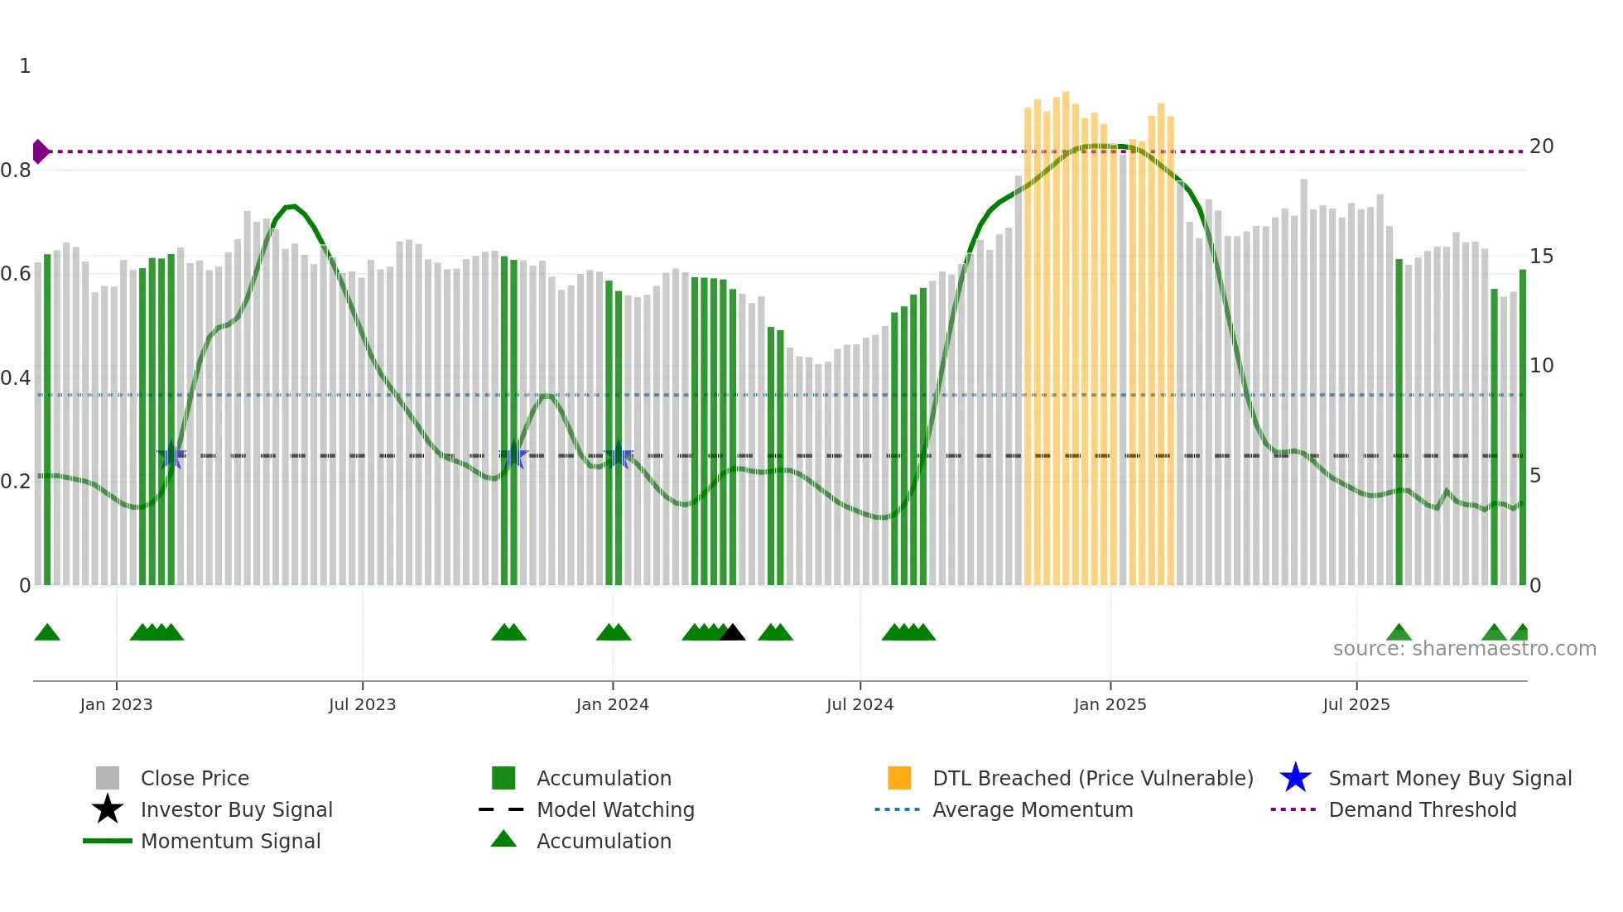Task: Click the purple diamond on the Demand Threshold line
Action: pyautogui.click(x=40, y=151)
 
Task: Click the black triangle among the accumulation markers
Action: pyautogui.click(x=732, y=633)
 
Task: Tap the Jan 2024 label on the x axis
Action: pyautogui.click(x=612, y=704)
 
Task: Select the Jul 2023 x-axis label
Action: pyautogui.click(x=362, y=704)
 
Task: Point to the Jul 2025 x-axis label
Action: pyautogui.click(x=1356, y=704)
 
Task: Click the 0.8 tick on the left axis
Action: pyautogui.click(x=16, y=170)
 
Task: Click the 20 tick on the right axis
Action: pyautogui.click(x=1541, y=146)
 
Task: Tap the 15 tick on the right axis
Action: pyautogui.click(x=1541, y=257)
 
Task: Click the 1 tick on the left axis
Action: pyautogui.click(x=25, y=66)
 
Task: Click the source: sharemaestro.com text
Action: pyautogui.click(x=1464, y=649)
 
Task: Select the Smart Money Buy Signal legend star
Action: pyautogui.click(x=1295, y=778)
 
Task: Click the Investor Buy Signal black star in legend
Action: pyautogui.click(x=108, y=809)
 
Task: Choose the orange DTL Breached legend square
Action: pyautogui.click(x=899, y=778)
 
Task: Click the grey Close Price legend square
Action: pyautogui.click(x=108, y=778)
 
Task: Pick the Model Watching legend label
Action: pyautogui.click(x=615, y=809)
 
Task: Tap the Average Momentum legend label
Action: pyautogui.click(x=1033, y=809)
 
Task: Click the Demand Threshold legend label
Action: pyautogui.click(x=1422, y=809)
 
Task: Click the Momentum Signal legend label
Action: pyautogui.click(x=230, y=841)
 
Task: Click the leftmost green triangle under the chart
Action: pyautogui.click(x=47, y=633)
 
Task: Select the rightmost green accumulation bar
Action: pyautogui.click(x=1522, y=426)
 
